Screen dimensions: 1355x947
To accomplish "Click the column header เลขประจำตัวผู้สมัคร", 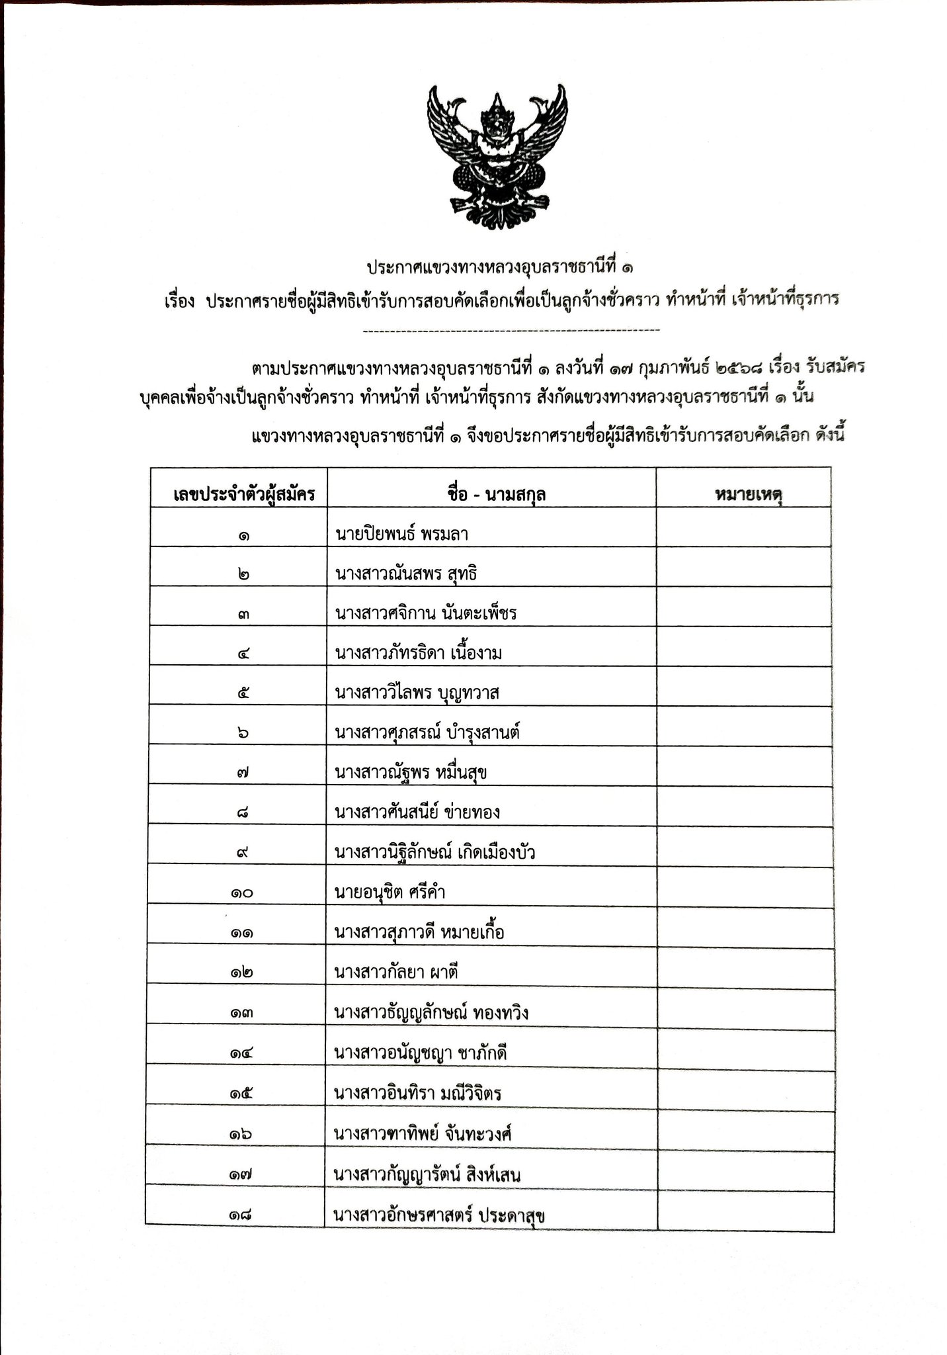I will pos(239,493).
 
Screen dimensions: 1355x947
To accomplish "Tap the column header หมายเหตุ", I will pos(744,493).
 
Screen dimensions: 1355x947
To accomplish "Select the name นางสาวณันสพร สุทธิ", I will pos(406,573).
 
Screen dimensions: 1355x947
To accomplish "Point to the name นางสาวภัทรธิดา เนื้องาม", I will pos(419,653).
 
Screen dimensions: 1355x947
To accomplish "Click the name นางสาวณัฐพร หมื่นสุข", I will pos(411,772).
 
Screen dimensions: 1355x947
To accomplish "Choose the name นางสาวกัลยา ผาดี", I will pos(397,972).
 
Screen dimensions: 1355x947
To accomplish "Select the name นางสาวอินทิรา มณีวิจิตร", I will pos(418,1092).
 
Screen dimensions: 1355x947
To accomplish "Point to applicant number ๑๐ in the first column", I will pos(239,893).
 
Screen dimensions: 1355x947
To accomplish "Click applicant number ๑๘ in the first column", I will pos(239,1215).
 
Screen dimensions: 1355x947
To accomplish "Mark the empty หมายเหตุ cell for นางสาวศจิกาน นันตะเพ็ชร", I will pos(744,613).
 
